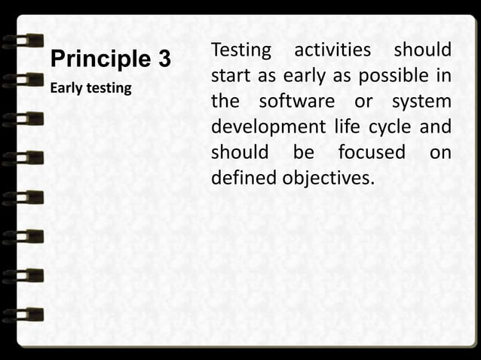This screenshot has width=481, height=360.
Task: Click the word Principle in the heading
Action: click(99, 59)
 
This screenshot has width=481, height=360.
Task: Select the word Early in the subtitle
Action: click(63, 89)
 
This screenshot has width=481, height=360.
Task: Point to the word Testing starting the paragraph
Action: click(240, 51)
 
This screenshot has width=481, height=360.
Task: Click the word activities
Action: click(332, 50)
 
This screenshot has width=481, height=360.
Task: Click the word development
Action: click(268, 127)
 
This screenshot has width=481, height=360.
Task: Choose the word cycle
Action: click(390, 127)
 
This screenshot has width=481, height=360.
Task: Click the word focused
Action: click(371, 152)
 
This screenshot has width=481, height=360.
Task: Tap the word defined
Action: click(244, 178)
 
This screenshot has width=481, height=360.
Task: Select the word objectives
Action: click(329, 178)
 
